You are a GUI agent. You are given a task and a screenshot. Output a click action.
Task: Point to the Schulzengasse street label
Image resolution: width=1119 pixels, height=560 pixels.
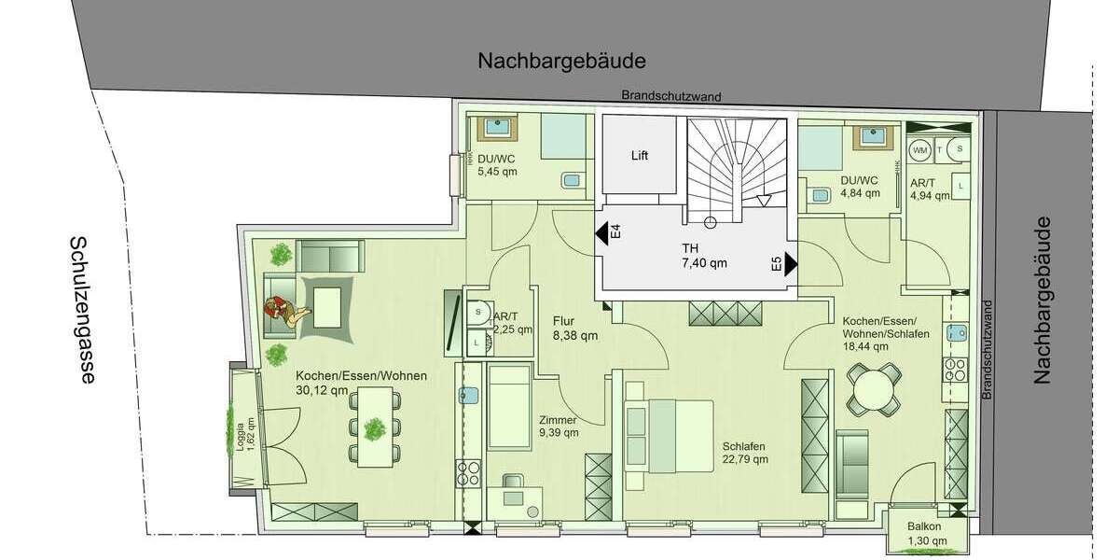(84, 309)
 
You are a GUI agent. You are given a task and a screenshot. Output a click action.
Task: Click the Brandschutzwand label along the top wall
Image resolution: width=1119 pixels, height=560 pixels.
(671, 96)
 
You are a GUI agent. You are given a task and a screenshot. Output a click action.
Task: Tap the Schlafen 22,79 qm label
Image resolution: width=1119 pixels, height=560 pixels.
(745, 452)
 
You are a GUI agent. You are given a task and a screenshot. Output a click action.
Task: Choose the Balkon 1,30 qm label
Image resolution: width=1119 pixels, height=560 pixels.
(924, 533)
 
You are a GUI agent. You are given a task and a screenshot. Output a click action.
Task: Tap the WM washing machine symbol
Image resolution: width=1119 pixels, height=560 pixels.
(919, 149)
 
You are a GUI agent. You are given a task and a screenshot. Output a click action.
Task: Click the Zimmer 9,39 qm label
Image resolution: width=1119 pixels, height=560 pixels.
(559, 426)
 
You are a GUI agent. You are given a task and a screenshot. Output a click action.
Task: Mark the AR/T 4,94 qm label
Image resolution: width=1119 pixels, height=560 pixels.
(929, 189)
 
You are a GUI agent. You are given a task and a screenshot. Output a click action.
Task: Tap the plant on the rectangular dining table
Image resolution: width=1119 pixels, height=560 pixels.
(375, 428)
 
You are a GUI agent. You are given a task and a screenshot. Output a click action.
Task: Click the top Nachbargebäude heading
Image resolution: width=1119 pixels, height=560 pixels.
(561, 62)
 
